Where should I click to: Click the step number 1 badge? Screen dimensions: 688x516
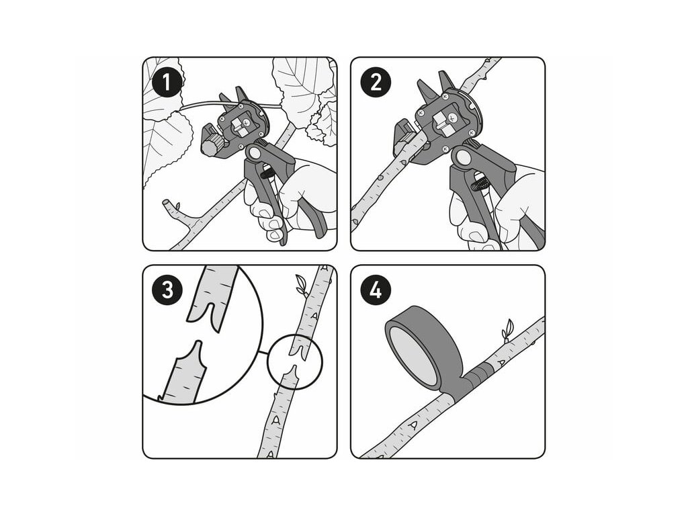[x=167, y=83]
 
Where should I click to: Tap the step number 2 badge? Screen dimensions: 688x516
[x=376, y=83]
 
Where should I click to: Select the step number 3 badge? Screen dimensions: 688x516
[x=167, y=290]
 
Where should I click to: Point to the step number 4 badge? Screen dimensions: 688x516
[x=376, y=290]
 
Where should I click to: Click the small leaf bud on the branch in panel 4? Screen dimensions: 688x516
[x=508, y=330]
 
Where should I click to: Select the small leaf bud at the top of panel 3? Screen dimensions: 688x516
[x=302, y=284]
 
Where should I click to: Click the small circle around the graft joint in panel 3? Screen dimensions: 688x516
[x=295, y=361]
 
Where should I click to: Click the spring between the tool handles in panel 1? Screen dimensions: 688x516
[x=267, y=174]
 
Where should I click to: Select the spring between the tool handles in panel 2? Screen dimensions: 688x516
[x=479, y=183]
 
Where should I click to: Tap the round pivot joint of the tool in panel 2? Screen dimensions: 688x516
[x=462, y=157]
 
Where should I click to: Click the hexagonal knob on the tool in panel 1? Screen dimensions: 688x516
[x=214, y=143]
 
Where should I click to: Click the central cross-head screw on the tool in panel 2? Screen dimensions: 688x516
[x=453, y=117]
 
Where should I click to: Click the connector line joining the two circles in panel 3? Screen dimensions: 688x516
[x=263, y=353]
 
